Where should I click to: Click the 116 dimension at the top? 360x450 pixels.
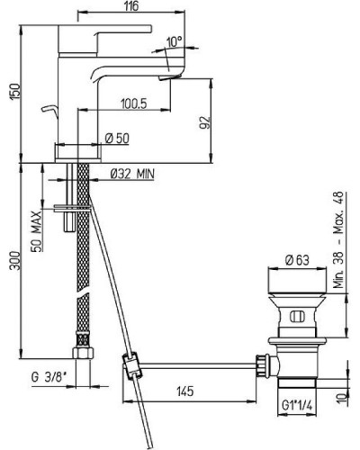tap(131, 5)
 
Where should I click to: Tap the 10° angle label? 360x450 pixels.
tap(175, 41)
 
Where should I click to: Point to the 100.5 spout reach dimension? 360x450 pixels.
tap(134, 103)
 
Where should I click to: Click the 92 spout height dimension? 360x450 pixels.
tap(205, 122)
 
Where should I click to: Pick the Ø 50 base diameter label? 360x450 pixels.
tap(117, 139)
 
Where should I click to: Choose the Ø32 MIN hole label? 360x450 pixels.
tap(132, 174)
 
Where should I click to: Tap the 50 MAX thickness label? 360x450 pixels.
tap(37, 231)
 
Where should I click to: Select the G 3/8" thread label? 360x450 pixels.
tap(49, 377)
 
